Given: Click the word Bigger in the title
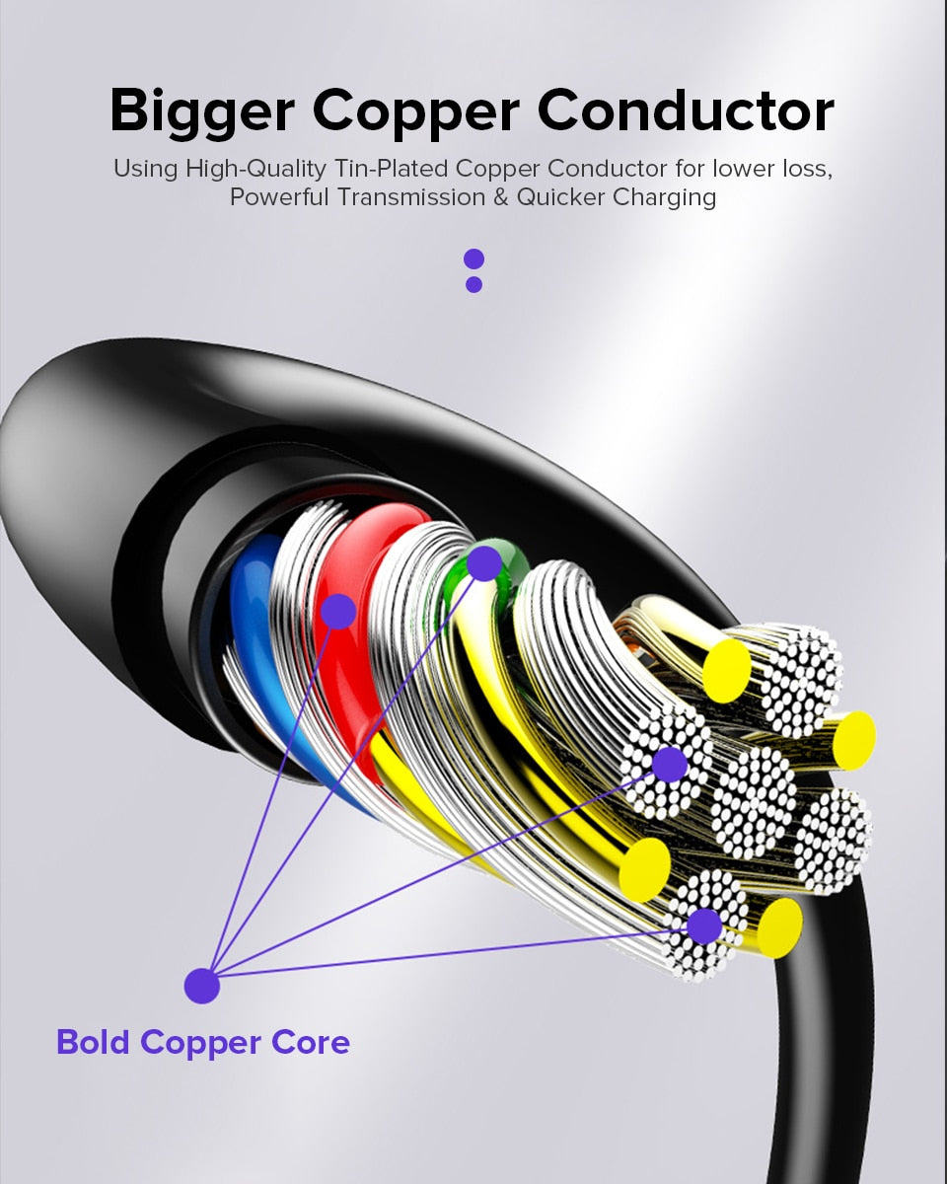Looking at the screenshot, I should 201,111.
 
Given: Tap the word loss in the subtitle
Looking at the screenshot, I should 804,168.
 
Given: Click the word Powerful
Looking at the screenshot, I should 279,196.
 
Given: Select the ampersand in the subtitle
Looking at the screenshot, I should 501,196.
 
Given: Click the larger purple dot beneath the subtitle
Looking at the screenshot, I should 473,259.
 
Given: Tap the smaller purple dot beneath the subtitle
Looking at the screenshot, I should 473,284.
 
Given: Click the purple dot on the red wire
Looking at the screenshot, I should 338,612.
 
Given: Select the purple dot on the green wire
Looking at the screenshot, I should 484,563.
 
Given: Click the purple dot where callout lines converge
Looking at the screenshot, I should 201,985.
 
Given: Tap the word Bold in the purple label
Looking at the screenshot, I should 94,1042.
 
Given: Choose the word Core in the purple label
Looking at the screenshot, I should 313,1042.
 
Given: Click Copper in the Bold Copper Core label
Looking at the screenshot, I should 202,1043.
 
